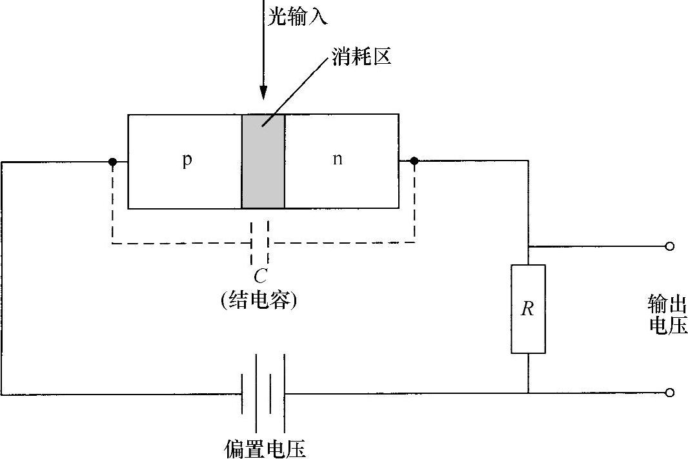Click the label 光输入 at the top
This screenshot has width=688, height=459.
[x=298, y=15]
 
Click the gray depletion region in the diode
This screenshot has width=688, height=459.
[x=263, y=161]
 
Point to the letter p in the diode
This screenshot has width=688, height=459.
[x=187, y=159]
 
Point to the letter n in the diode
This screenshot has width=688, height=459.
[x=337, y=159]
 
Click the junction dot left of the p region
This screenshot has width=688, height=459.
[x=113, y=161]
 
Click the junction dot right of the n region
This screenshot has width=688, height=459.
[x=414, y=161]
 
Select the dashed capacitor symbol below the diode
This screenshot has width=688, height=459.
[x=259, y=243]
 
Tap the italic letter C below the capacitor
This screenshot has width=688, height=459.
[x=259, y=277]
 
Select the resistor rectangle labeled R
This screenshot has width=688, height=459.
[x=528, y=309]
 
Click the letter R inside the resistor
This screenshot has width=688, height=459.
[x=527, y=309]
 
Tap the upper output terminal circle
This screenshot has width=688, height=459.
[x=670, y=246]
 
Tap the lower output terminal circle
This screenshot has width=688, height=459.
[x=670, y=393]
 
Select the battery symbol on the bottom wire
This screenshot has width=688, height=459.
[x=263, y=393]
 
